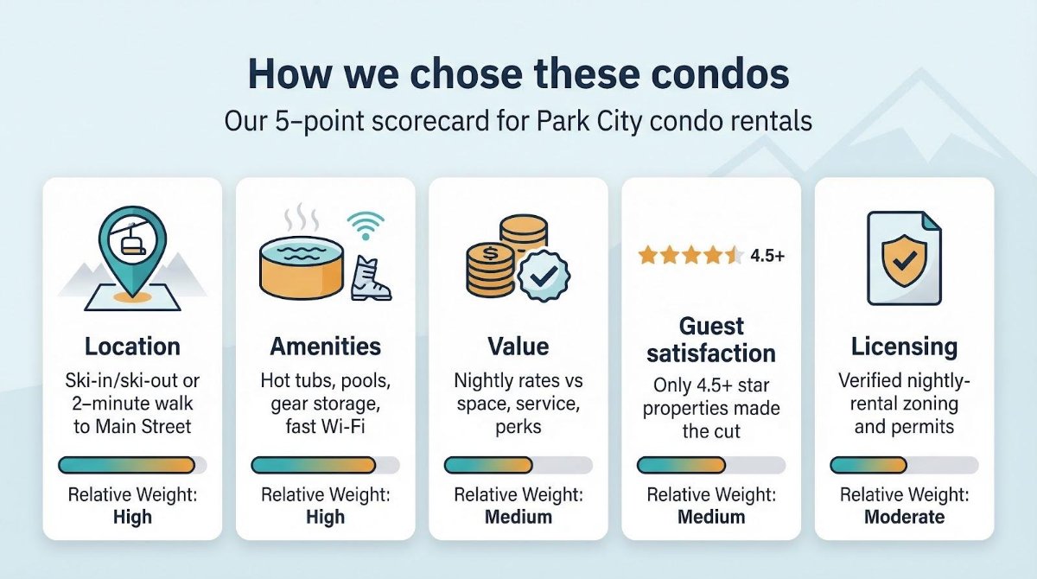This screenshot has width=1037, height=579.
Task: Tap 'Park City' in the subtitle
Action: pos(589,121)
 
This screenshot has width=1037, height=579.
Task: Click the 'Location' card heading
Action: pos(132,347)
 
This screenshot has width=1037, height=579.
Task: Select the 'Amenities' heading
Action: pos(326,347)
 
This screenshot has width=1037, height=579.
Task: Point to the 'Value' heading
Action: pos(518,347)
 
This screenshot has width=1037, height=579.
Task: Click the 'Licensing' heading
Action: pos(904,347)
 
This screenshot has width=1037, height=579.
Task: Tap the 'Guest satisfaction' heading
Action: pos(711,340)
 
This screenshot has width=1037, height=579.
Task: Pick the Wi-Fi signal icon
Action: pos(366,226)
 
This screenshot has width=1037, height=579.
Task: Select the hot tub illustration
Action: pos(302,268)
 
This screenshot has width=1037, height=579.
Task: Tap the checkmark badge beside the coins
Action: pos(544,276)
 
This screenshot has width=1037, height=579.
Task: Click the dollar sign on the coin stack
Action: pos(490,253)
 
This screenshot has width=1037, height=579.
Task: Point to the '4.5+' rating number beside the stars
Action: pos(767,255)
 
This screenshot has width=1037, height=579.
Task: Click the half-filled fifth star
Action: pos(735,255)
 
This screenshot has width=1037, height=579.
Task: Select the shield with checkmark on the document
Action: pos(904,261)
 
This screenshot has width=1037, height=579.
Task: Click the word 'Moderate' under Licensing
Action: pos(904,517)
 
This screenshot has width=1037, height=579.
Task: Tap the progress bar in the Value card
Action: pos(518,465)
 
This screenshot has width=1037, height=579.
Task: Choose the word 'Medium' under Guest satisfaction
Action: pos(711,517)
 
